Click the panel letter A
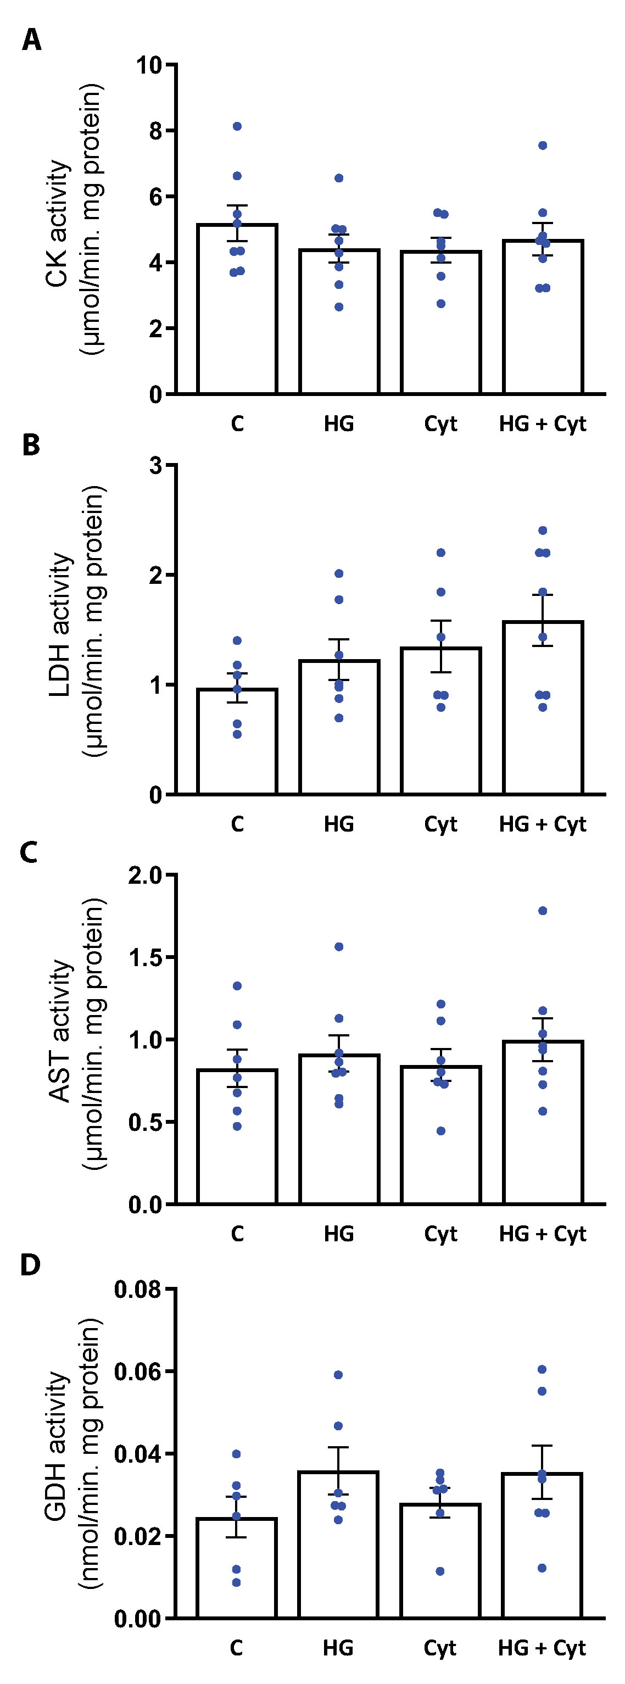point(31,41)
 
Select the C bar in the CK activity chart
point(237,314)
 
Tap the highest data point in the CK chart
point(237,126)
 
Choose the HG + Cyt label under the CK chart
point(542,424)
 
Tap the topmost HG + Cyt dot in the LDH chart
point(543,530)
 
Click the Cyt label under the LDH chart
point(440,824)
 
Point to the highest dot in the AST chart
point(543,911)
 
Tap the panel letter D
point(31,1265)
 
